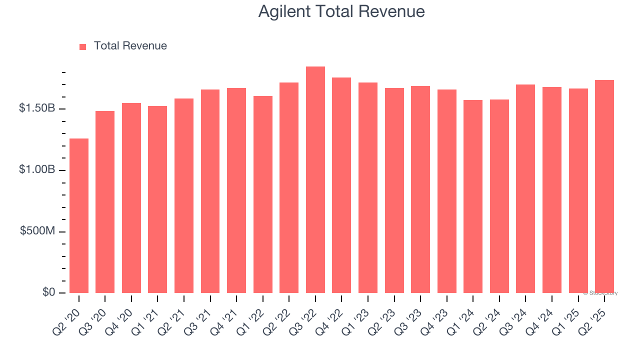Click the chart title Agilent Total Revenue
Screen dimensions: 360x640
pos(341,11)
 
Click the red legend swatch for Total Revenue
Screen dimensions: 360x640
pos(83,46)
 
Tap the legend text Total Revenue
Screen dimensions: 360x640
pos(130,46)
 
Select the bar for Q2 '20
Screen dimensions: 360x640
pos(79,215)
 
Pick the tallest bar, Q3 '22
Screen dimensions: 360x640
pos(315,180)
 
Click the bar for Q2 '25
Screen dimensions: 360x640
pos(604,186)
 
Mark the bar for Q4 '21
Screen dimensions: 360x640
pos(236,190)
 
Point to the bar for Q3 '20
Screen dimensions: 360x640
pos(105,202)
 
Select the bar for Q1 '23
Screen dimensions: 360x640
pos(368,187)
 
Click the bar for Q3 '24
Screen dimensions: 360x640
pos(525,188)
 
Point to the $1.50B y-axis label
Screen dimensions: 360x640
pos(36,109)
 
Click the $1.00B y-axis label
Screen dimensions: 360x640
pos(36,170)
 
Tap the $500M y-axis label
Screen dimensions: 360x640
pos(37,232)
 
